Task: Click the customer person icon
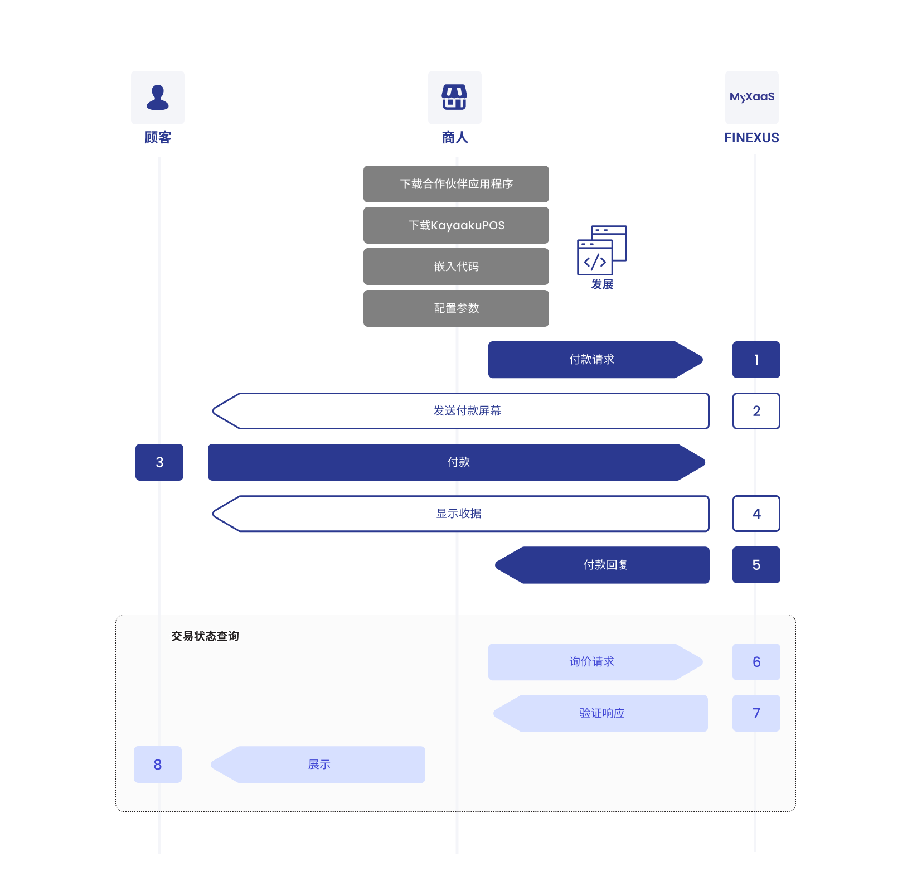[158, 98]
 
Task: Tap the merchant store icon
[454, 98]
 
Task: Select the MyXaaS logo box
[751, 98]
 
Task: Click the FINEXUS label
[751, 138]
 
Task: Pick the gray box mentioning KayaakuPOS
[456, 225]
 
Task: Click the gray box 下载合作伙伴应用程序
[456, 184]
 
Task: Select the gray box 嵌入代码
[456, 267]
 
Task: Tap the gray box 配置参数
[456, 308]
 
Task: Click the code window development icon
[601, 250]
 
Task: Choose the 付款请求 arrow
[592, 360]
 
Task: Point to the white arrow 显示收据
[459, 514]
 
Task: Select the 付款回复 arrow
[605, 565]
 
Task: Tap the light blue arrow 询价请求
[592, 662]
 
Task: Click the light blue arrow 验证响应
[601, 713]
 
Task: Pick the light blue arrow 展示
[319, 765]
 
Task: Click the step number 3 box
[159, 462]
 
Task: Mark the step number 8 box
[158, 765]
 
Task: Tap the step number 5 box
[756, 565]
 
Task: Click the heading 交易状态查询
[205, 636]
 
